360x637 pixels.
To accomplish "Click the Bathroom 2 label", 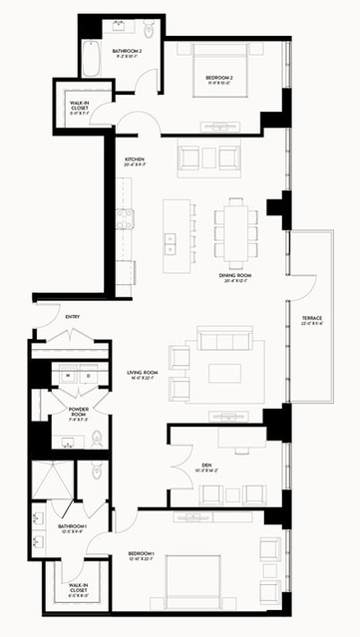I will (x=127, y=53).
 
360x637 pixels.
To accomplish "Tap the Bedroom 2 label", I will (x=220, y=79).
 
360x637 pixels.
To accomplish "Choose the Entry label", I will (x=73, y=317).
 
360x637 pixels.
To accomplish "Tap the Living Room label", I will (x=144, y=375).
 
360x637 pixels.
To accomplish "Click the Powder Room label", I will (x=80, y=412).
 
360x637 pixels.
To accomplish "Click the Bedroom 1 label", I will (x=144, y=555).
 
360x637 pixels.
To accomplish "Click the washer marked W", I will (x=70, y=376).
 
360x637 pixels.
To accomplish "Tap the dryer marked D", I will (x=88, y=376).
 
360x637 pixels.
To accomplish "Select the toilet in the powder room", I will (x=97, y=436).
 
